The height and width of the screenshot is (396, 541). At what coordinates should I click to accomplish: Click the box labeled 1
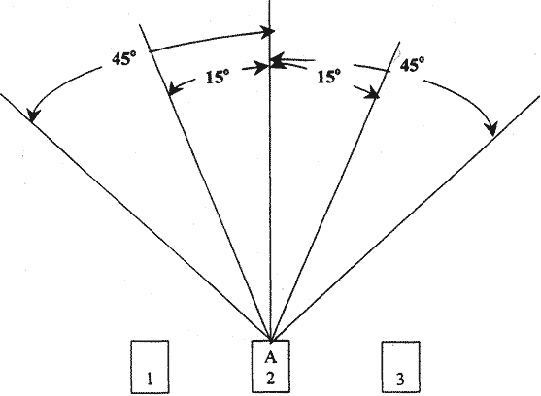150,366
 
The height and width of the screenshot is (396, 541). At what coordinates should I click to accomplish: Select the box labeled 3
400,367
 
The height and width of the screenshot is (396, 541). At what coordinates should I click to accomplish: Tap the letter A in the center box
271,357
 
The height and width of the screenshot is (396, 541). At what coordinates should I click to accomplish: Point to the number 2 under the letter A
270,379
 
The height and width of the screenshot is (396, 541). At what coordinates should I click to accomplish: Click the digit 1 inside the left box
150,379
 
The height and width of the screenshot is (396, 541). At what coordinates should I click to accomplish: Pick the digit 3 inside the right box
400,379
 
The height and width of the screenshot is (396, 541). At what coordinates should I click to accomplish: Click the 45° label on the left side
124,58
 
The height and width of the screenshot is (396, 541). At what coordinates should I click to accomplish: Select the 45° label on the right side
412,64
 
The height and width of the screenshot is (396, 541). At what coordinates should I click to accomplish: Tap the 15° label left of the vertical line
218,76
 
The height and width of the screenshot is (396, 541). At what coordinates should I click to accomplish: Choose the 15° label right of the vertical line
329,76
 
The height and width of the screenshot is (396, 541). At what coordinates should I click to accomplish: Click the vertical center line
270,171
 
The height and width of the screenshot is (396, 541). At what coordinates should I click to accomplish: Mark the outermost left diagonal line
135,217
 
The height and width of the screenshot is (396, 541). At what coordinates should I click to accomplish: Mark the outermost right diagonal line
406,217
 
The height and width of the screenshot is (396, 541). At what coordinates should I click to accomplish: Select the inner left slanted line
205,182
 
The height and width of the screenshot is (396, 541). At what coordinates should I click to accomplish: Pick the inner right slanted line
335,191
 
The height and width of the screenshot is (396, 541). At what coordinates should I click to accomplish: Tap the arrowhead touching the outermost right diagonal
491,128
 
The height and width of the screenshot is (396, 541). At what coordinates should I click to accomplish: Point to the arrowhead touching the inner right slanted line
373,93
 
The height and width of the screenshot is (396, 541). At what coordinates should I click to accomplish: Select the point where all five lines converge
271,341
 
